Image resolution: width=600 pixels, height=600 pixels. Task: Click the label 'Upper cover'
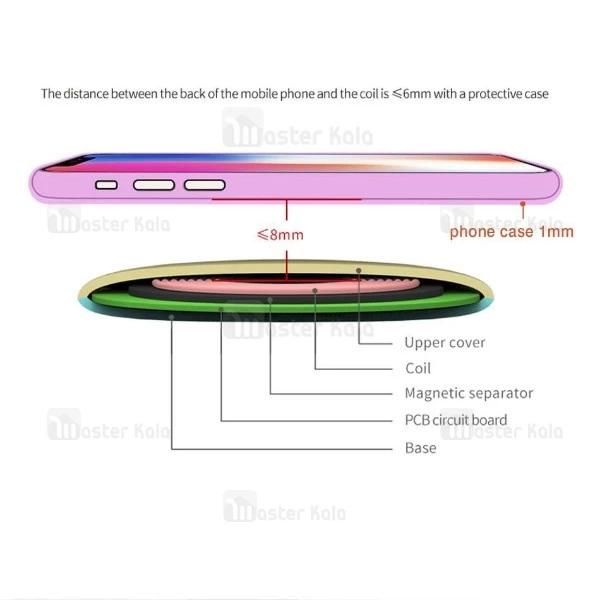pos(444,343)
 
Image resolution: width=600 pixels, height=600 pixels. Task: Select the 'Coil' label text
pos(418,368)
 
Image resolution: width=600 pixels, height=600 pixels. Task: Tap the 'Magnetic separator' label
pos(468,394)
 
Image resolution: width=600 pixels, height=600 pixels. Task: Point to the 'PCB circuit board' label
pos(455,420)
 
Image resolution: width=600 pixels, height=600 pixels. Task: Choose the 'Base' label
pos(420,448)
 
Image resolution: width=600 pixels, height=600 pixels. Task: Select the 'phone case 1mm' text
pos(511,232)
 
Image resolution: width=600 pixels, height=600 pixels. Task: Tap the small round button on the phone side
pos(106,185)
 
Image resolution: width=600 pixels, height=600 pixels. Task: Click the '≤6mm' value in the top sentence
pos(415,94)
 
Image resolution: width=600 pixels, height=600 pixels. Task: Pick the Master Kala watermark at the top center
pos(285,130)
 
